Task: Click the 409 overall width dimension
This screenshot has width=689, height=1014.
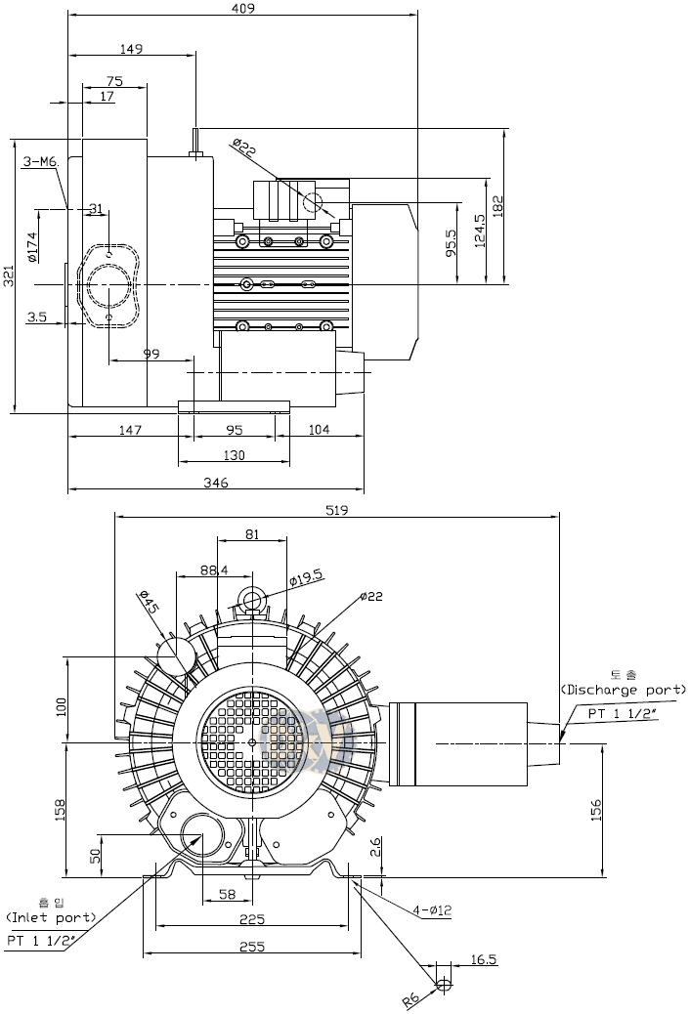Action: coord(243,9)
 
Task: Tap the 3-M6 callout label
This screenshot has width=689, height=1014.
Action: coord(41,161)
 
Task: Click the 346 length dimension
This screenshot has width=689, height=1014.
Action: coord(215,482)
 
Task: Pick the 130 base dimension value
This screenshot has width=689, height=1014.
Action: coord(234,455)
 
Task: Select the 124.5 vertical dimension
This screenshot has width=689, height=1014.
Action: coord(478,231)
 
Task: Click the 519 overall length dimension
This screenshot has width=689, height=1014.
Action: coord(336,510)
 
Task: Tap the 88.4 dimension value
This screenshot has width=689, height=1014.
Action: coord(214,570)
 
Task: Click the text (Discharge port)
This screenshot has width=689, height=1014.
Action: coord(624,690)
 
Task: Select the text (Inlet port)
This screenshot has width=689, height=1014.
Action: coord(51,917)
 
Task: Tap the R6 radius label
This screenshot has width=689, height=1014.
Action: coord(412,996)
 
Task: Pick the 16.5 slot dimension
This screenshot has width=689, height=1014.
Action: coord(483,960)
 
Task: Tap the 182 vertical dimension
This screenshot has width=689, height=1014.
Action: coord(499,205)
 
